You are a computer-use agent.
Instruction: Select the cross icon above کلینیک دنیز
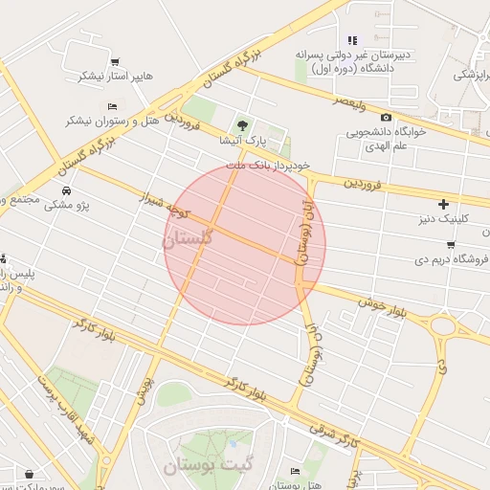[443, 203]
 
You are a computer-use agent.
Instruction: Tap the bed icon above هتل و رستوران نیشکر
[112, 105]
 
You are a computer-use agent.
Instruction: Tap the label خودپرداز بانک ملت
[268, 166]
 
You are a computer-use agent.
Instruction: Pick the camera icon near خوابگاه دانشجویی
[386, 117]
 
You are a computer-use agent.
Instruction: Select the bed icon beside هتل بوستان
[296, 472]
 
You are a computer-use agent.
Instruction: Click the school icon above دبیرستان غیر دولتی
[352, 40]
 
